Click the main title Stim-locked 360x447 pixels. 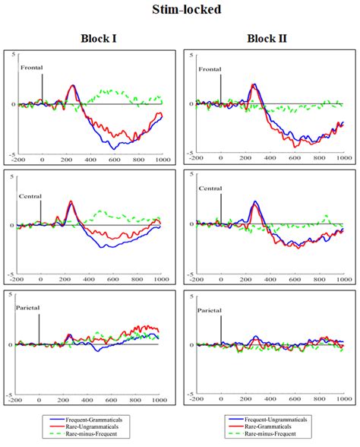click(x=180, y=11)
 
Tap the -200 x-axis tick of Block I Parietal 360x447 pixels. click(x=16, y=402)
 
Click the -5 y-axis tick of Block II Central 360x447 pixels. click(x=190, y=274)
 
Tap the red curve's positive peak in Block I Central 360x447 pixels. click(x=71, y=201)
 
